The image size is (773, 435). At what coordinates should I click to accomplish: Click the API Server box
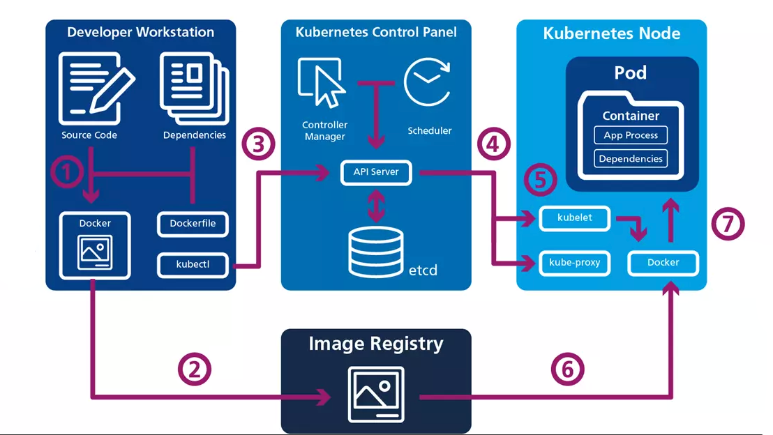coord(376,173)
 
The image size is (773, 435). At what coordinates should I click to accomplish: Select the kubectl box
coord(193,265)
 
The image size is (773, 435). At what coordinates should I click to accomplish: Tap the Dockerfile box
coord(193,224)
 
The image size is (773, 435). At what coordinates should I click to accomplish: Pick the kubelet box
coord(575,217)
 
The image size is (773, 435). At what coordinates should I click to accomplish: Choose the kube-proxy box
coord(575,263)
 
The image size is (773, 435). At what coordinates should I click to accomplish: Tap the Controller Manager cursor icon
coord(322,81)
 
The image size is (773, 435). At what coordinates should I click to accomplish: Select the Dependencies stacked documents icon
coord(193,86)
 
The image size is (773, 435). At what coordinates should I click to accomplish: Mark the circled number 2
coord(194,369)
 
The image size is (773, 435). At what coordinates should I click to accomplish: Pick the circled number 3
coord(258,145)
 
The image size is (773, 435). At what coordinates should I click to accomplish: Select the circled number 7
coord(728,224)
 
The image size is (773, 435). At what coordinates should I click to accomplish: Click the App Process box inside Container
coord(631,135)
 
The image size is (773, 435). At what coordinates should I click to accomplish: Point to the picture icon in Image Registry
coord(376,394)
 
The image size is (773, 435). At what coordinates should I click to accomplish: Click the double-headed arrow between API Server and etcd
coord(376,205)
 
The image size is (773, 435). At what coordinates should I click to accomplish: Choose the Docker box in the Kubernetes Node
coord(663,263)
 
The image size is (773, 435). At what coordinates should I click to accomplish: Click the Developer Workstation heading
coord(140,32)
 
